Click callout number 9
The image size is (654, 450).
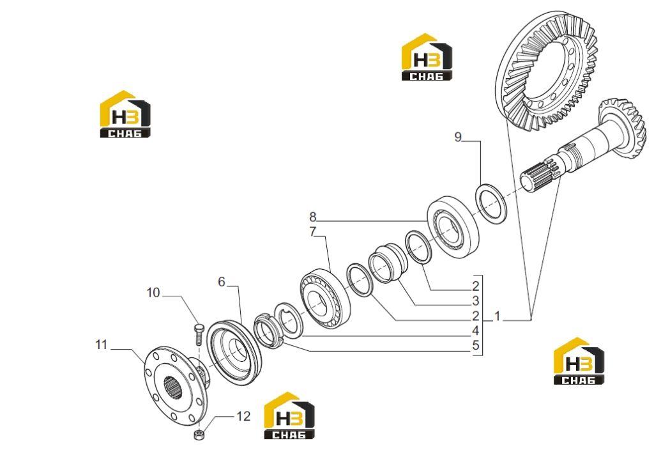[458, 137]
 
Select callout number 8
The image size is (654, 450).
[313, 217]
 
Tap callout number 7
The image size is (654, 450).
[313, 231]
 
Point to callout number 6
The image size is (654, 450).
[222, 282]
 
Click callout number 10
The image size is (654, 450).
[153, 293]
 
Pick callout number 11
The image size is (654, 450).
[102, 345]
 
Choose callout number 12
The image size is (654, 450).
[243, 416]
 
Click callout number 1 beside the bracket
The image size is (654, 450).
[497, 316]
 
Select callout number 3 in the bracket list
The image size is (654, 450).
[475, 301]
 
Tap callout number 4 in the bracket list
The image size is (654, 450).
[475, 331]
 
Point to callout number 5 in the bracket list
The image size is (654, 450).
[475, 346]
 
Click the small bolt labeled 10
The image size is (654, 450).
[198, 334]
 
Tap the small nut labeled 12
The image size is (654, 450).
[198, 434]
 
